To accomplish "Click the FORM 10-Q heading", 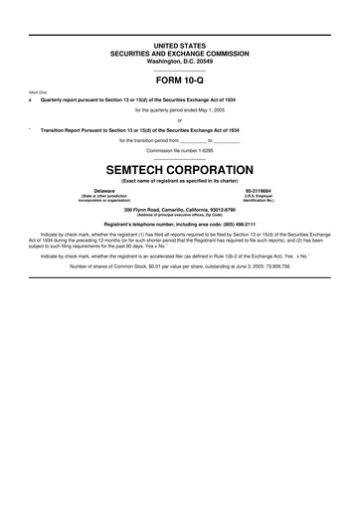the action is coord(180,81).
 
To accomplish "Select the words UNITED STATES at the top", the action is coord(180,47).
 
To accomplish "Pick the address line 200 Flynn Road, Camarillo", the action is coord(180,209).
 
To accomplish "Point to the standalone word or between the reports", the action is coord(180,119).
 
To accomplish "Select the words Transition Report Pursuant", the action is coord(80,129).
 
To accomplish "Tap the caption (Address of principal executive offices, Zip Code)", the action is coord(180,215).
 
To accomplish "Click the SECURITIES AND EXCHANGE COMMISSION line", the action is coord(180,53).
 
